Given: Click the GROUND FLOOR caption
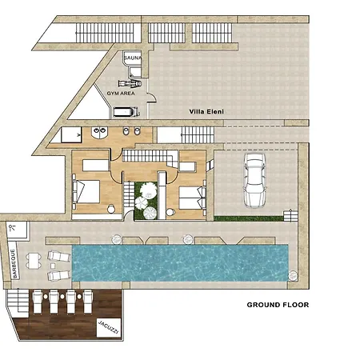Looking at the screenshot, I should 277,305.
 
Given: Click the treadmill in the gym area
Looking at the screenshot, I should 125,112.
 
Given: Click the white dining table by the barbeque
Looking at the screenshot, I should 34,259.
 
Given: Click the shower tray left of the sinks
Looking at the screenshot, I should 70,134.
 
